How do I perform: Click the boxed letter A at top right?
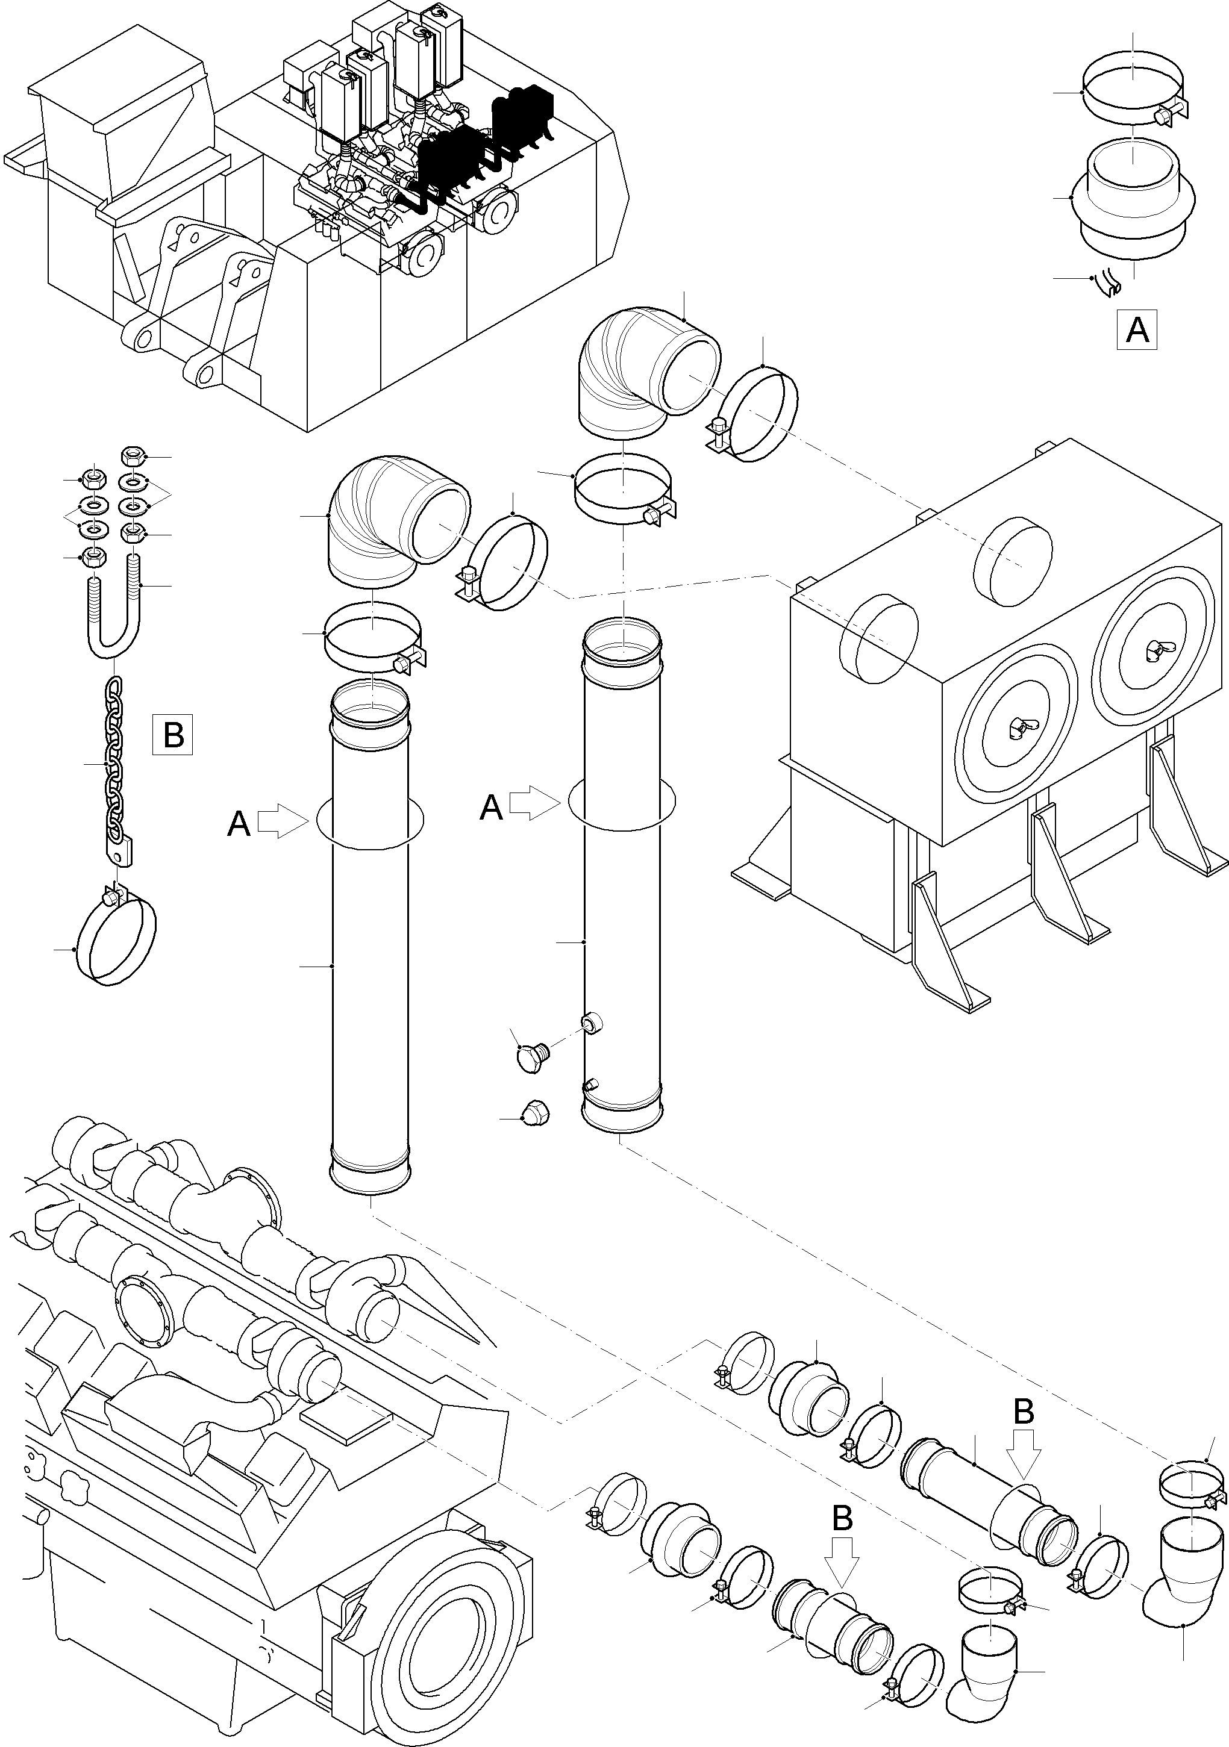point(1137,329)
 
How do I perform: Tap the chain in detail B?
point(113,761)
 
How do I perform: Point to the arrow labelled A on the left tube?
point(281,823)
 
